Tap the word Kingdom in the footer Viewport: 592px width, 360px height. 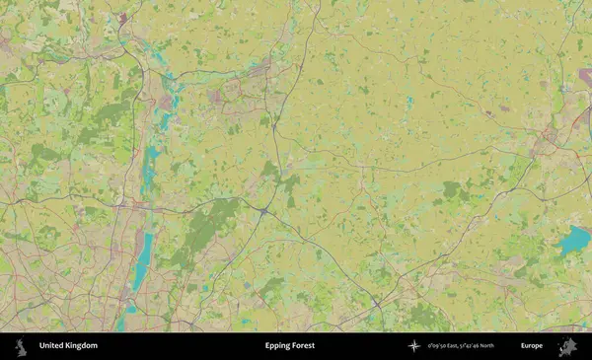[81, 346]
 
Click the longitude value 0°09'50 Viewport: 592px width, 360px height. [440, 346]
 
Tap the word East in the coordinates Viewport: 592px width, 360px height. [459, 346]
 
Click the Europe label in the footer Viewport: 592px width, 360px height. [532, 346]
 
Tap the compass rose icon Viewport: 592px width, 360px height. [414, 346]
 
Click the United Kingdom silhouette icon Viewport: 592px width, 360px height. [20, 346]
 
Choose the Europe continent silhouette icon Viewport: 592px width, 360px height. [567, 346]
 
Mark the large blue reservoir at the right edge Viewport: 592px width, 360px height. [573, 241]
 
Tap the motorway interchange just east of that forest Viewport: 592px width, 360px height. [264, 210]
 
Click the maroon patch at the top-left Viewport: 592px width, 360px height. [122, 18]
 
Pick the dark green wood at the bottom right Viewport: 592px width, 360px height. [424, 316]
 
